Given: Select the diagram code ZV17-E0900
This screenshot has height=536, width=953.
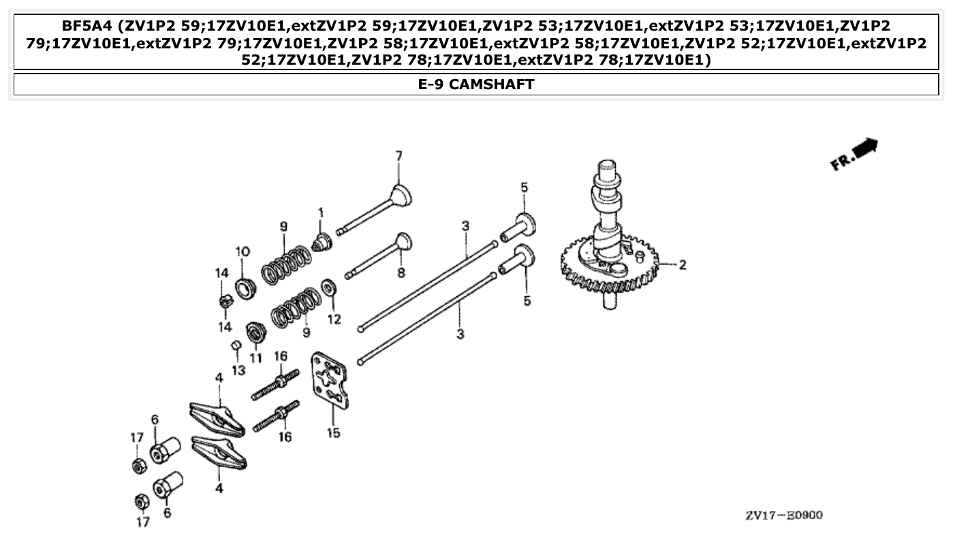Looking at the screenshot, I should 783,515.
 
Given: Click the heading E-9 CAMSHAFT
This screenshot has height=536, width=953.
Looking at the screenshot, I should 476,84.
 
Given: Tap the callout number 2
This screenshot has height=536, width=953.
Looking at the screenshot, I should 682,264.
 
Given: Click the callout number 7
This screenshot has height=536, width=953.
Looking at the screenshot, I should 399,156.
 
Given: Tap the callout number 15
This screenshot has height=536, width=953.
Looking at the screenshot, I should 333,432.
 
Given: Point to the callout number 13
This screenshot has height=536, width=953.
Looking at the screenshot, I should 238,370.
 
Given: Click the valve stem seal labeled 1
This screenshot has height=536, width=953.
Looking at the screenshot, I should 320,242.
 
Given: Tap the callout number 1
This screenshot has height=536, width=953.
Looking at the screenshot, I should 320,213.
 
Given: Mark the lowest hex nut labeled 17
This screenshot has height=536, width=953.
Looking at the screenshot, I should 140,501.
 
